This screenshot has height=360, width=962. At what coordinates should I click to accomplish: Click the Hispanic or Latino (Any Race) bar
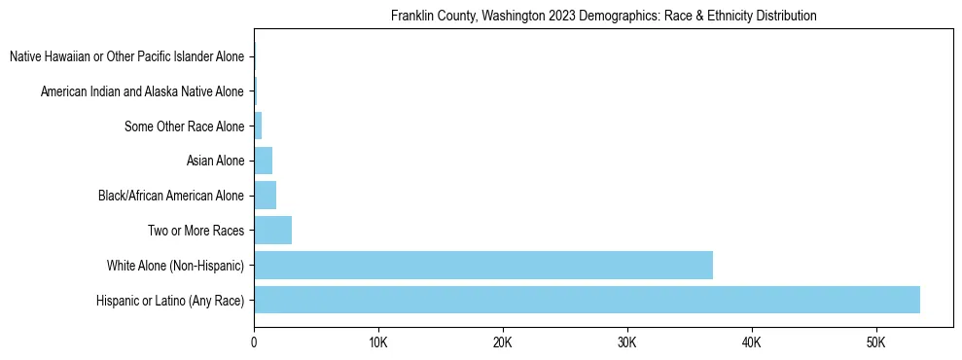[x=587, y=300]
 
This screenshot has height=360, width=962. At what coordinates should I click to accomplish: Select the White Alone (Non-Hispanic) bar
[x=483, y=265]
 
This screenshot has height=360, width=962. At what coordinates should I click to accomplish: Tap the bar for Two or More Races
[x=272, y=231]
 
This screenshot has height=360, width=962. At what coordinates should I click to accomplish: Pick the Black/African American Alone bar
[x=265, y=196]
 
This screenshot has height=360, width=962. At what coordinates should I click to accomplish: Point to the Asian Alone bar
[x=263, y=161]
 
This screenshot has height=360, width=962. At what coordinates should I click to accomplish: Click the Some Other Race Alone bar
[x=258, y=126]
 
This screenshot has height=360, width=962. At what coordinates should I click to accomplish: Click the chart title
[x=603, y=17]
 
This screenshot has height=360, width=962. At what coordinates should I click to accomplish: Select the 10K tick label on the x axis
[x=378, y=342]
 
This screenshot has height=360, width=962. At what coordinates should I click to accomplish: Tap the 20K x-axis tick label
[x=503, y=342]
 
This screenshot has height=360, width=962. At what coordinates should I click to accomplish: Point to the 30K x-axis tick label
[x=627, y=342]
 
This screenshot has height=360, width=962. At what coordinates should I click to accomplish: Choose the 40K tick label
[x=752, y=342]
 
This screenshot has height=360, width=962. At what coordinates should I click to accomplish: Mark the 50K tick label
[x=875, y=342]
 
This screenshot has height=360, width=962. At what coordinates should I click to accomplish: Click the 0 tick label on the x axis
[x=254, y=342]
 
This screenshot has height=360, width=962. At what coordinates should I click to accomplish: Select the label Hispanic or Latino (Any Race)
[x=170, y=301]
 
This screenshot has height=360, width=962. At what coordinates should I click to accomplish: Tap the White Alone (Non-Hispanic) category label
[x=175, y=266]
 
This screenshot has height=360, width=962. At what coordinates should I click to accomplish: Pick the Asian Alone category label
[x=215, y=162]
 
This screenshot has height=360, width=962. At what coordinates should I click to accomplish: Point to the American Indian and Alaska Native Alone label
[x=142, y=91]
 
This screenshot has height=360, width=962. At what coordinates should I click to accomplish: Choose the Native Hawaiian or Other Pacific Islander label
[x=126, y=56]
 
